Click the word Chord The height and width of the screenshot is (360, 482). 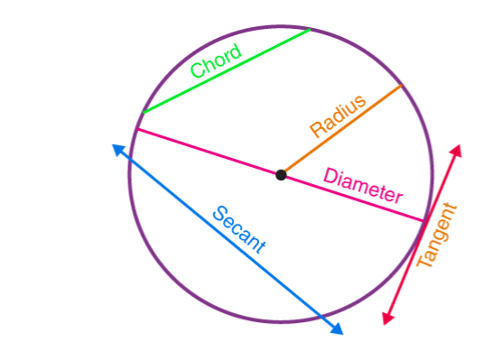click(216, 62)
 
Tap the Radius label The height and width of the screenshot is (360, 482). click(338, 115)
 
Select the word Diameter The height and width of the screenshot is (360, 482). click(363, 184)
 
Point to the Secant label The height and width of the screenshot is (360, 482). click(239, 230)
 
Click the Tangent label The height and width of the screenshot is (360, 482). click(439, 236)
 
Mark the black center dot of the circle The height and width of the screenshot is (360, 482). click(282, 174)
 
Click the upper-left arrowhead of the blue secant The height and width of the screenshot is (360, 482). click(117, 150)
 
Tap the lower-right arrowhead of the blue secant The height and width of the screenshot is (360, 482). click(338, 329)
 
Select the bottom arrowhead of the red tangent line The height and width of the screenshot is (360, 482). click(387, 318)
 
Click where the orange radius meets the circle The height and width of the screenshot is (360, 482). click(401, 86)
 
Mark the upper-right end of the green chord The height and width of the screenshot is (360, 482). click(309, 30)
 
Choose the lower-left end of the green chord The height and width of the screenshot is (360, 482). click(143, 113)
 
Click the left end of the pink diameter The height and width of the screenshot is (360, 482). click(135, 131)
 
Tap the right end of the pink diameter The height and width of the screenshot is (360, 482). click(424, 220)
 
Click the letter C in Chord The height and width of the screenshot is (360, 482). click(197, 73)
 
